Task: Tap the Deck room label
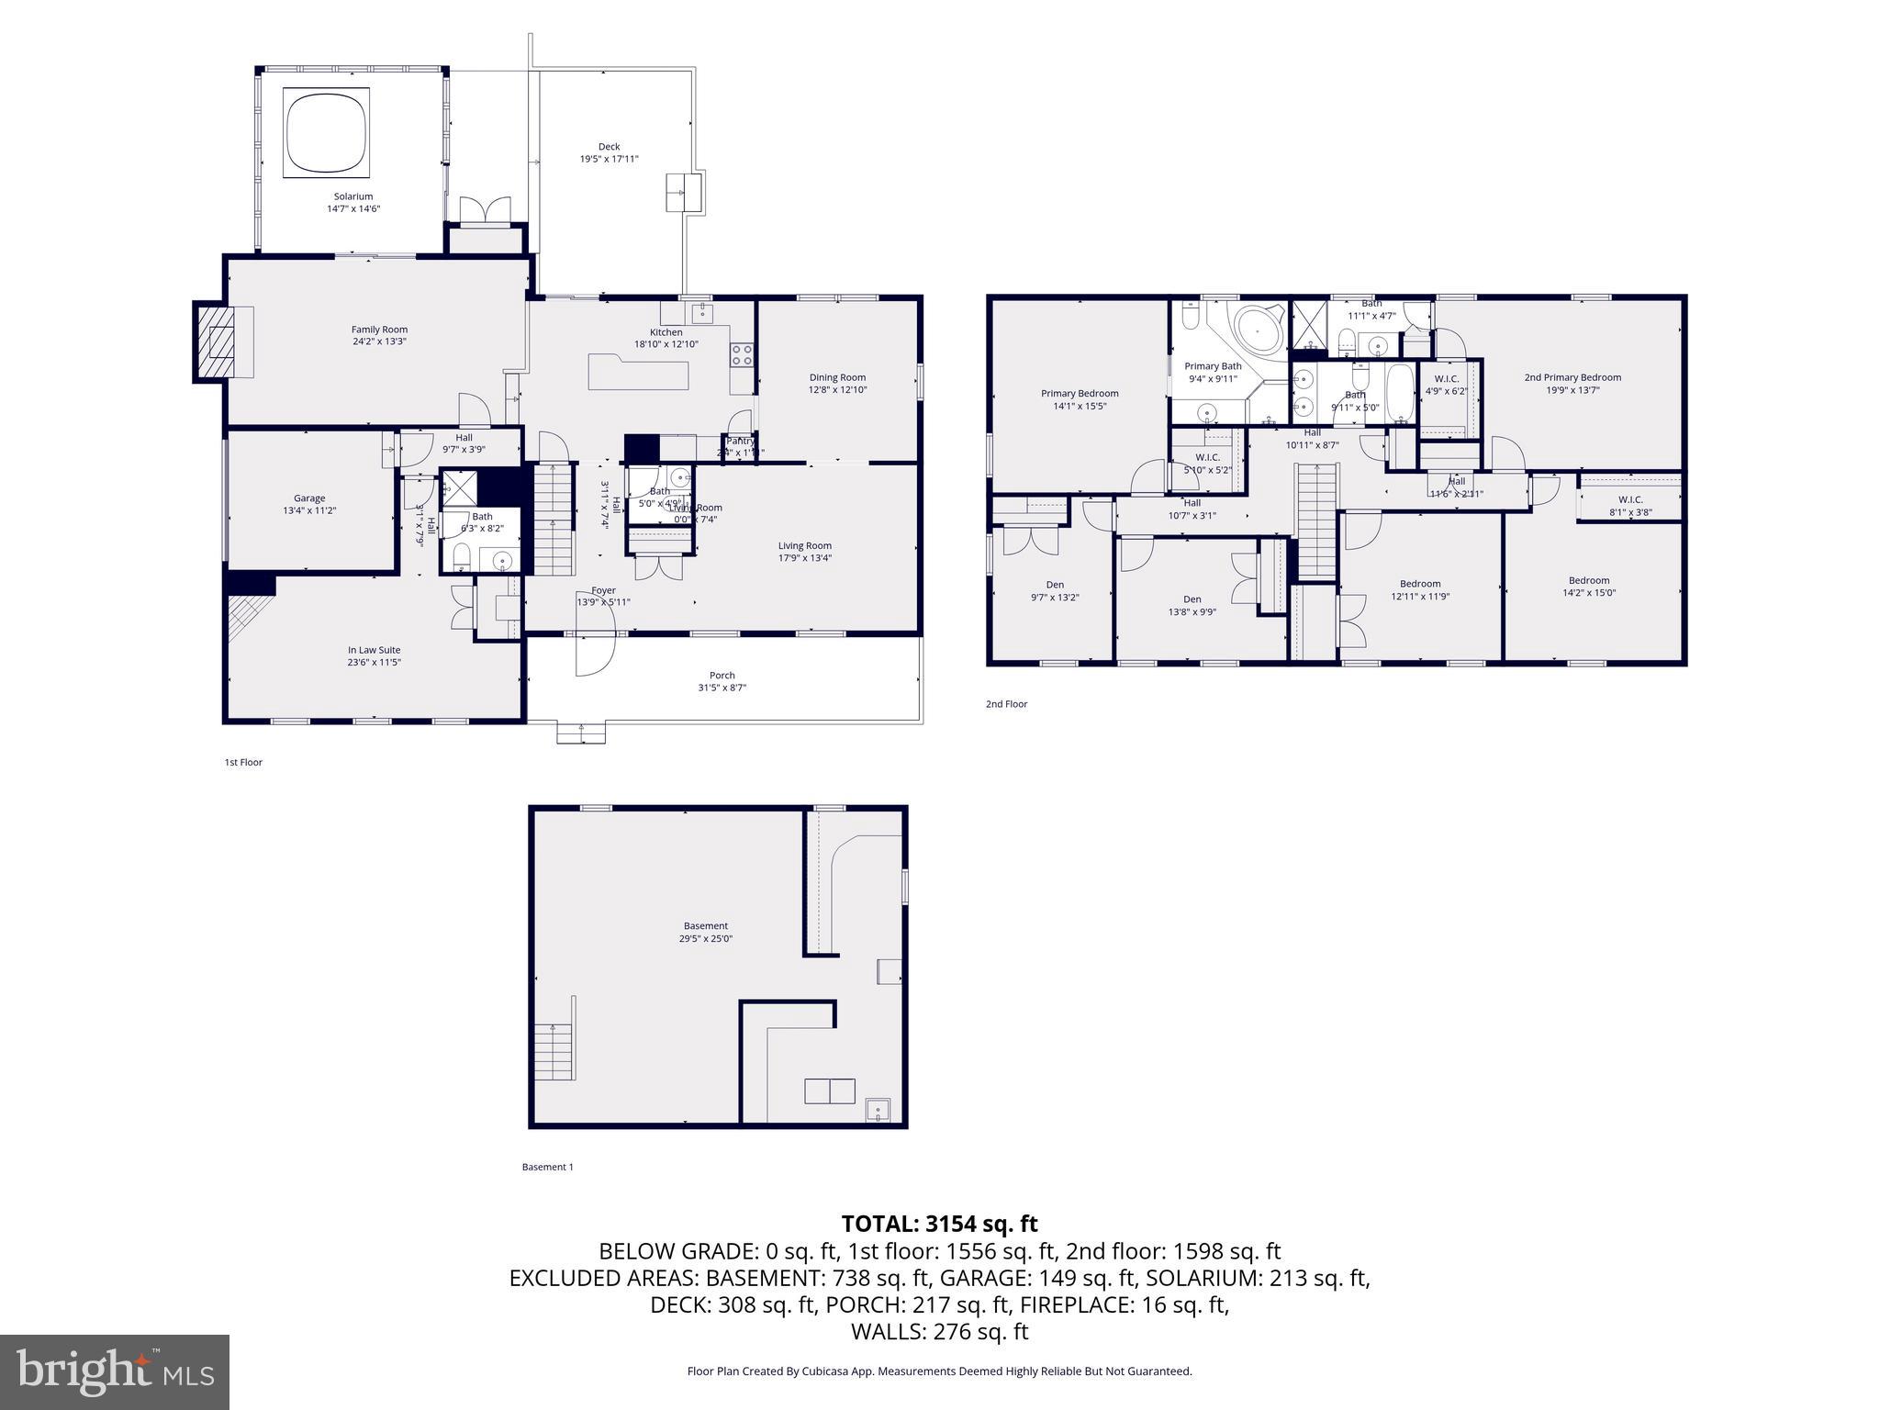pos(609,147)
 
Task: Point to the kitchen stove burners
pos(742,354)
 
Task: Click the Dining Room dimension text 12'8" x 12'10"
pos(837,390)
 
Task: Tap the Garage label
pos(309,498)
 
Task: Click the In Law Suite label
pos(374,650)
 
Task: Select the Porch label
pos(722,676)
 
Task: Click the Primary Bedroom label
pos(1080,394)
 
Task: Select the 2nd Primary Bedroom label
pos(1572,377)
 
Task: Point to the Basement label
pos(705,926)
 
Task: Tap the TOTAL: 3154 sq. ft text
pos(939,1224)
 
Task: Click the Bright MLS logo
pos(115,1371)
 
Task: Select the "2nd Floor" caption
pos(1006,704)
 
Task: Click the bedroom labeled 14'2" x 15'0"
pos(1588,586)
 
